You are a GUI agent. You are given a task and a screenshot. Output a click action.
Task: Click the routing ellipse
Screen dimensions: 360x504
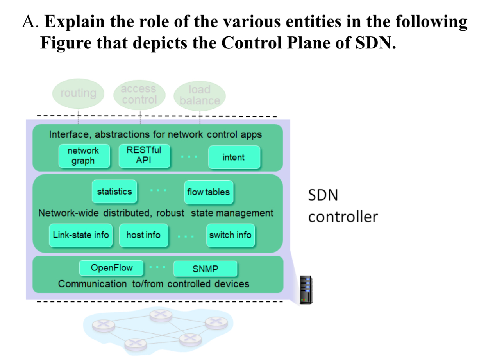tap(78, 93)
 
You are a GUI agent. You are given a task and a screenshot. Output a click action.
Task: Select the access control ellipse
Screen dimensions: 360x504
tap(139, 94)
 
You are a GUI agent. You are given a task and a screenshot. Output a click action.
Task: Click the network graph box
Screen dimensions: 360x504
tap(83, 156)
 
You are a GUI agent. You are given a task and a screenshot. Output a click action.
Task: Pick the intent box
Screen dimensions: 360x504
tap(233, 157)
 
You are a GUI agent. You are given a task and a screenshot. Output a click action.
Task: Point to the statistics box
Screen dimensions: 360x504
tap(114, 192)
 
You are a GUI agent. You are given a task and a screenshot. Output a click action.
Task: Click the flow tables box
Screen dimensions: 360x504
tap(209, 192)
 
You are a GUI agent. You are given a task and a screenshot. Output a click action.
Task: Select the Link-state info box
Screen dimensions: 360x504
tap(81, 235)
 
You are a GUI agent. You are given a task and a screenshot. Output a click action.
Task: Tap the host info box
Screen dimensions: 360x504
tap(143, 235)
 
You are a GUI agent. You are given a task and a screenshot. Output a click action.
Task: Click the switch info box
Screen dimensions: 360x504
tap(231, 235)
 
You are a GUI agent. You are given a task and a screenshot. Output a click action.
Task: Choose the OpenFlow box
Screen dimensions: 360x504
tap(111, 268)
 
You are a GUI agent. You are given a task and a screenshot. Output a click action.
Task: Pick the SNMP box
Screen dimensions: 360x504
tap(205, 269)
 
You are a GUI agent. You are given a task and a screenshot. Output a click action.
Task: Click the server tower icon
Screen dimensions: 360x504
tap(306, 289)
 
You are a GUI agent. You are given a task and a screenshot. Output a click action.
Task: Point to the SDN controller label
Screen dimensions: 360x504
tap(343, 206)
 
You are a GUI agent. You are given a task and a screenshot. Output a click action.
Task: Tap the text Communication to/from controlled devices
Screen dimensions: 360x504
tap(154, 284)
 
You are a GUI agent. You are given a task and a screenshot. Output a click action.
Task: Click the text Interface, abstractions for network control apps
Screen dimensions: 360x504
tap(155, 134)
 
